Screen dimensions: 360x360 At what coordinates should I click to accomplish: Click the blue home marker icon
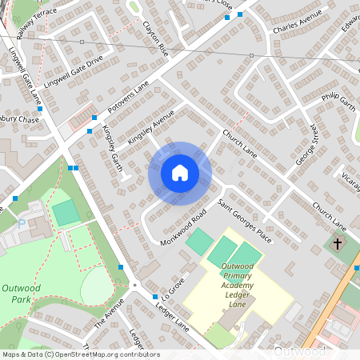180,173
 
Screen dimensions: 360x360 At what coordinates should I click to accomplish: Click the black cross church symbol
337,242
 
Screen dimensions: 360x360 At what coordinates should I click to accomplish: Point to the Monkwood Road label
183,227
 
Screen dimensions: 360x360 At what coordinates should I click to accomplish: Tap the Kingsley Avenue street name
150,127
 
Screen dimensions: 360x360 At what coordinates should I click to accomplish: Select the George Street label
307,144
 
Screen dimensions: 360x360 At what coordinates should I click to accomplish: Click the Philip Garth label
338,105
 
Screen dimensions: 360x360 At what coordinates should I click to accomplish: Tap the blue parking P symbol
22,225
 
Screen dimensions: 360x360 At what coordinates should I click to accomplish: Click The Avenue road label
110,314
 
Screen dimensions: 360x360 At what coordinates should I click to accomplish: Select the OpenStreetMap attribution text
80,354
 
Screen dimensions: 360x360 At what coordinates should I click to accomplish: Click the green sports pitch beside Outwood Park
66,213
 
